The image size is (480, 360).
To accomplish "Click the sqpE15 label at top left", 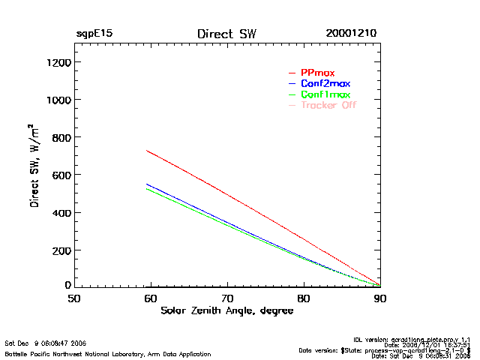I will click(x=94, y=34).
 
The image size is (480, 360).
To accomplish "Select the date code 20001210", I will click(x=351, y=34).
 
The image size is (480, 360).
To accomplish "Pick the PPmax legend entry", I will click(x=317, y=73).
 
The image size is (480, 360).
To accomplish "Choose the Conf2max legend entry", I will click(x=325, y=83).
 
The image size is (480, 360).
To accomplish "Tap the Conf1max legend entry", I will click(x=325, y=94).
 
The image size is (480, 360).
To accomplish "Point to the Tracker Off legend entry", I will click(x=328, y=105).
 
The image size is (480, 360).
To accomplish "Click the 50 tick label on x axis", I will click(x=74, y=298).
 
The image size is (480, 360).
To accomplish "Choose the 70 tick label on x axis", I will click(x=227, y=298).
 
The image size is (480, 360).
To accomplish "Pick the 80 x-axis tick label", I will click(x=304, y=298).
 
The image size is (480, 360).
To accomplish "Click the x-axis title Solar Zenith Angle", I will click(x=226, y=310).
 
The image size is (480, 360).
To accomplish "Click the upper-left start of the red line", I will click(x=147, y=151).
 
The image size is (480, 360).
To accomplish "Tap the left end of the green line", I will click(x=147, y=189).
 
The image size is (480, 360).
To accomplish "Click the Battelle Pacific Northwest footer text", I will click(x=108, y=353).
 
